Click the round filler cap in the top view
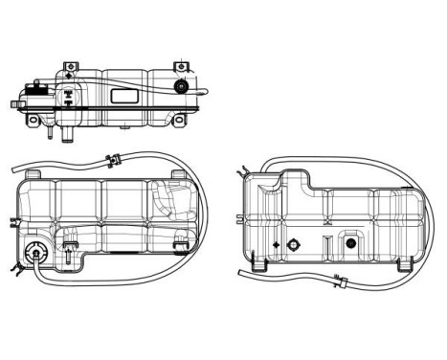[x=181, y=87]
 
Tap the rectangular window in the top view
[x=123, y=96]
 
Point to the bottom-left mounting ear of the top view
[x=35, y=122]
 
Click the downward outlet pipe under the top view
[x=67, y=135]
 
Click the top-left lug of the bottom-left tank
[x=35, y=173]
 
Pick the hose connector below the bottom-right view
[x=339, y=281]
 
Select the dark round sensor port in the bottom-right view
[x=350, y=245]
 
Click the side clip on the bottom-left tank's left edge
[x=12, y=223]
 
